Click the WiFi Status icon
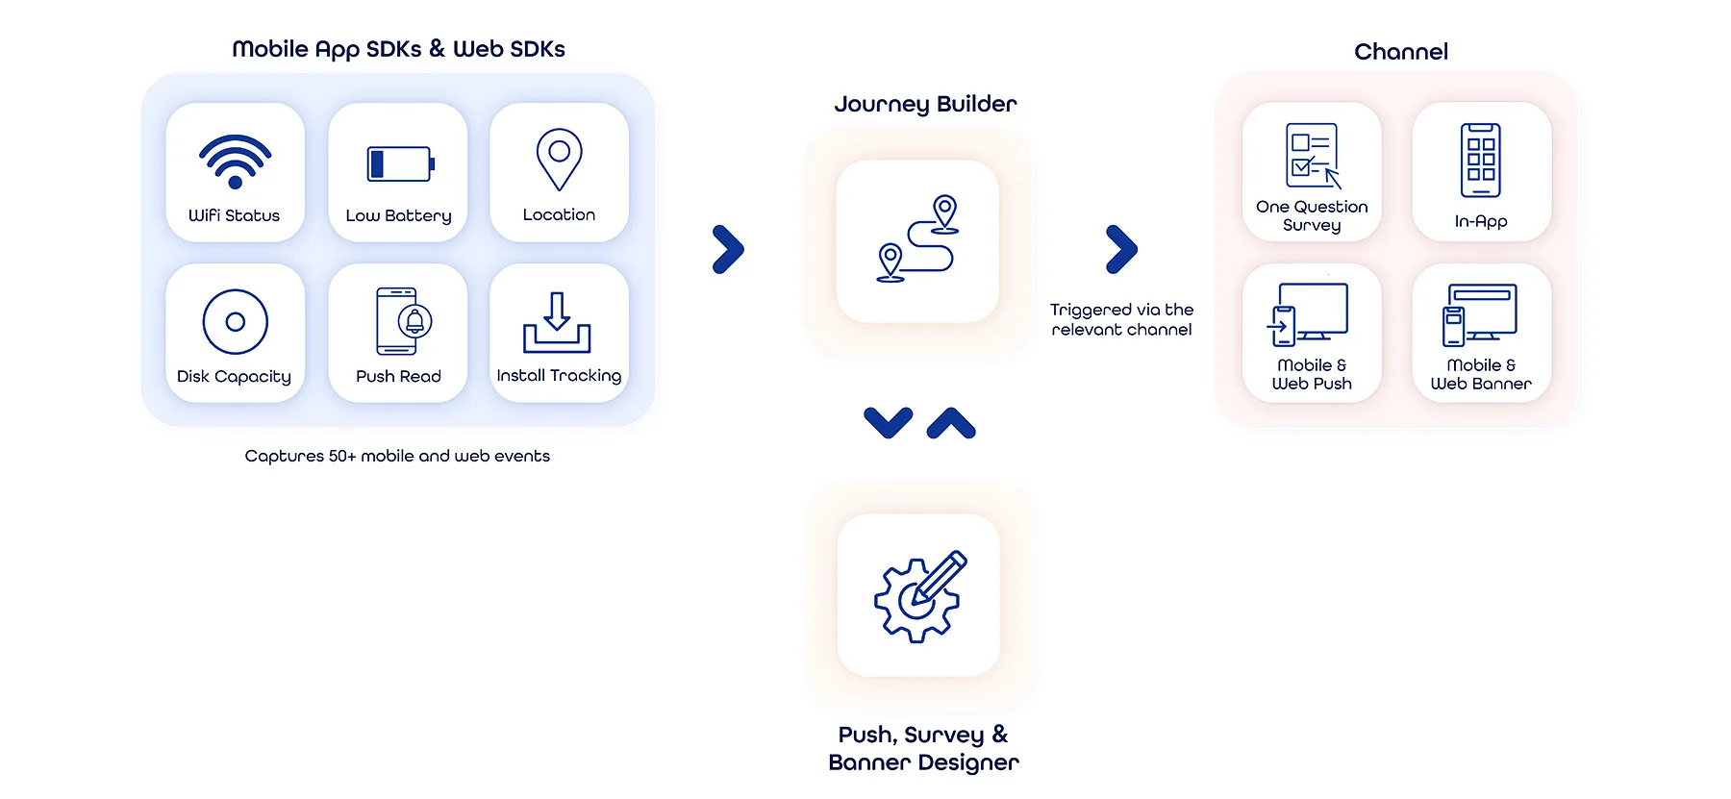235,161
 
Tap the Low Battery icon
400,164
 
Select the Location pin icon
559,160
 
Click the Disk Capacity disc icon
235,322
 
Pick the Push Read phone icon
403,321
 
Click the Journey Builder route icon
917,239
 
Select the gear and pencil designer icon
919,596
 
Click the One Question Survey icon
1313,156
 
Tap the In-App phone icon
1481,160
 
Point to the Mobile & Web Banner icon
1480,314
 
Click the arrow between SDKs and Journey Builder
728,250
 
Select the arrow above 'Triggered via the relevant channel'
1121,250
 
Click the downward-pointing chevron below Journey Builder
889,422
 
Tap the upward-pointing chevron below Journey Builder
951,422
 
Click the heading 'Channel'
1401,52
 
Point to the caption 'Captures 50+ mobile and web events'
397,456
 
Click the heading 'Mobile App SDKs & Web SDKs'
398,49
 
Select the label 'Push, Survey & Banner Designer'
923,749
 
